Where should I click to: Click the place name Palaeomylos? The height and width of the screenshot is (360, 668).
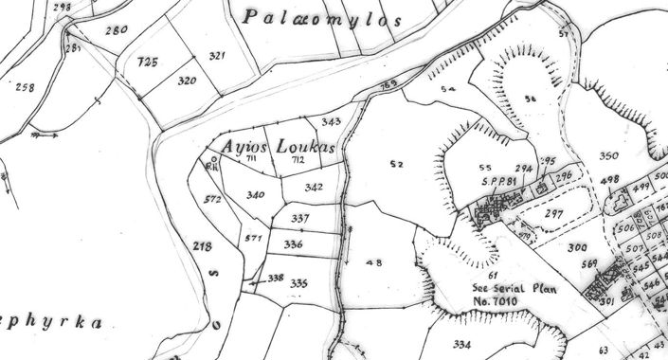(321, 18)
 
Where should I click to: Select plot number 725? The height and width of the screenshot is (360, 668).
(147, 62)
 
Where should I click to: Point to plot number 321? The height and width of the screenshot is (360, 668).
(217, 57)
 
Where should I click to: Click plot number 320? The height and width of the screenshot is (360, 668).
(187, 81)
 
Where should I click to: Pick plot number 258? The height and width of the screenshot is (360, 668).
(25, 87)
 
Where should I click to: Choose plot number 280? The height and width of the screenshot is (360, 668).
(116, 30)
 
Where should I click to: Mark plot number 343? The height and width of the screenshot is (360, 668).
(331, 122)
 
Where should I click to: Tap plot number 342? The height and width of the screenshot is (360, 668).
(315, 188)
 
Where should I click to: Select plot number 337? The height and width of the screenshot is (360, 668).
(300, 219)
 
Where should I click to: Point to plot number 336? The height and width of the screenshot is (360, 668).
(294, 244)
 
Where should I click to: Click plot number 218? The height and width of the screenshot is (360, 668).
(203, 246)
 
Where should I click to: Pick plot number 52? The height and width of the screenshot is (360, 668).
(397, 164)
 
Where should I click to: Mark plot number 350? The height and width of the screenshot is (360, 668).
(608, 155)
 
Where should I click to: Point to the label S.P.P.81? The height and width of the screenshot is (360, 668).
(496, 181)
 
